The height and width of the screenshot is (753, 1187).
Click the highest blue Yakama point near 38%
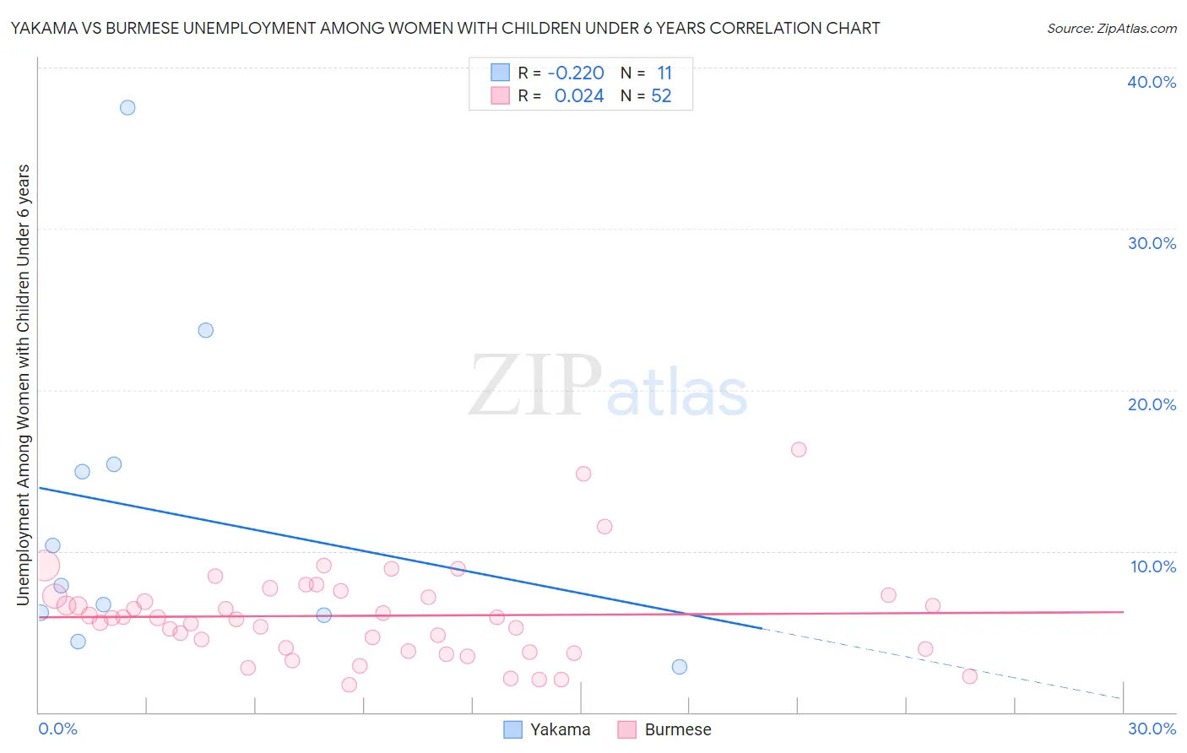(x=127, y=107)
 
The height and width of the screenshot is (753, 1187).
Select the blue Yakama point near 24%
(x=206, y=330)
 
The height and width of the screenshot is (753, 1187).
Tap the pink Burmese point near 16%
(x=799, y=449)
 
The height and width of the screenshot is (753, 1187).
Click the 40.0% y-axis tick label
(x=1152, y=82)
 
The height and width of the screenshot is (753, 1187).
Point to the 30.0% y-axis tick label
(x=1152, y=243)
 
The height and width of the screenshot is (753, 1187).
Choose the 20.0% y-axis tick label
(x=1152, y=404)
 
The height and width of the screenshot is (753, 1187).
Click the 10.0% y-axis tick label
(x=1153, y=566)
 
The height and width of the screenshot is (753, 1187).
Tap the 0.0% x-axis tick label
(x=57, y=729)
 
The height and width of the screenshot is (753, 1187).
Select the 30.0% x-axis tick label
(x=1152, y=729)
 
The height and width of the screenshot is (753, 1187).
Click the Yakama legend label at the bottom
(x=560, y=729)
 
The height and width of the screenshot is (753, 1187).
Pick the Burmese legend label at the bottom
(x=678, y=729)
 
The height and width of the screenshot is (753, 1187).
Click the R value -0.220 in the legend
(x=576, y=73)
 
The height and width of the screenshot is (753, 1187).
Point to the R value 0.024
(x=579, y=96)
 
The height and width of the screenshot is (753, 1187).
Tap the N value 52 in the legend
(x=661, y=96)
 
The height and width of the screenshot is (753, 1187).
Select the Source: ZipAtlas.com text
(x=1112, y=28)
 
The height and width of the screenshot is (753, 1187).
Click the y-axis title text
(x=23, y=385)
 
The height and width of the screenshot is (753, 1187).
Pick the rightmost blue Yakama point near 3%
(x=680, y=667)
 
